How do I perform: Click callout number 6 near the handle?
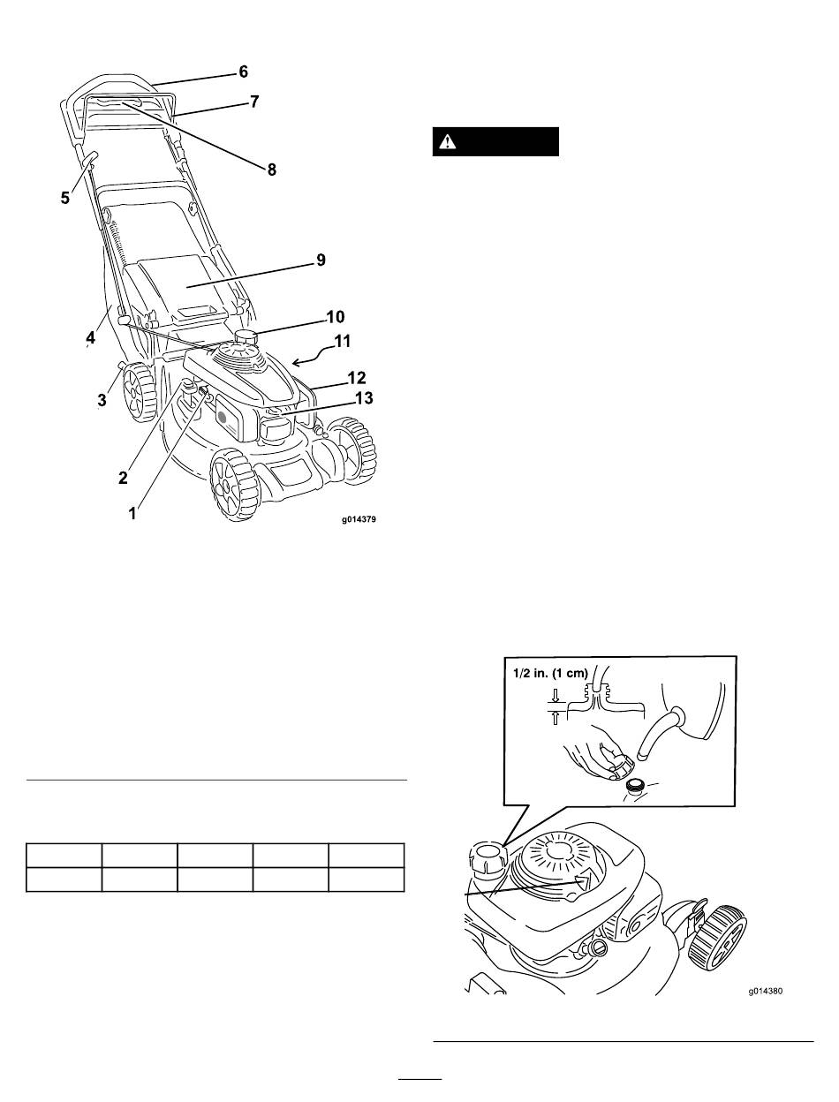point(244,72)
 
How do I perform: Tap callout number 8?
point(272,170)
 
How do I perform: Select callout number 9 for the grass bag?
point(321,260)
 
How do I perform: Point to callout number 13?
point(364,398)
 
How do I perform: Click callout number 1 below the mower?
point(132,514)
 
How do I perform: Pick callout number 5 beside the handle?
point(65,198)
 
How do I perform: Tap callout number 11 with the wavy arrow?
point(342,342)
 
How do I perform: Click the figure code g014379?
point(359,519)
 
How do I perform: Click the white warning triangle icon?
point(446,142)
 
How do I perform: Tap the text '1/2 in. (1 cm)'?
point(550,673)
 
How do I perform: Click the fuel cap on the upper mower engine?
point(246,336)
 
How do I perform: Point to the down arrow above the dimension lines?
point(555,695)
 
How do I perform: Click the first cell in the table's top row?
point(64,855)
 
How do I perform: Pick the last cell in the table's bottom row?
point(367,879)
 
